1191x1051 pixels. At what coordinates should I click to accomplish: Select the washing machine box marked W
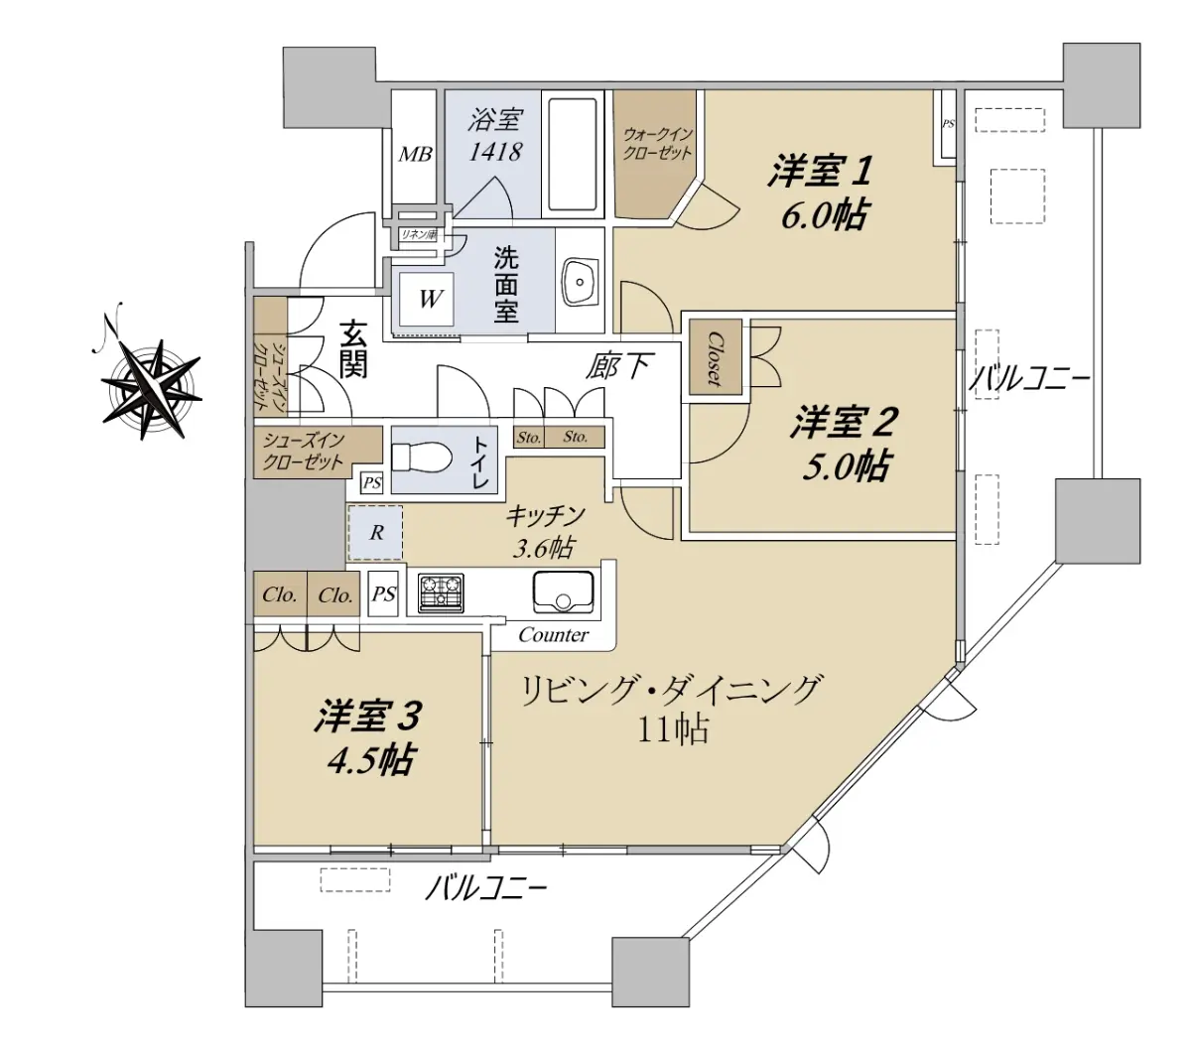point(428,299)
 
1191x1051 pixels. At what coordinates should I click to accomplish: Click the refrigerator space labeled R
point(375,533)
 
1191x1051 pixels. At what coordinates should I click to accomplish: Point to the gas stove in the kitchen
point(441,593)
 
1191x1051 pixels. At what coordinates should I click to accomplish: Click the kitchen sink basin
point(563,591)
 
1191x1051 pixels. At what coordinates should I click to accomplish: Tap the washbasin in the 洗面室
point(580,282)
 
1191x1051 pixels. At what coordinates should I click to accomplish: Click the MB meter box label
point(416,154)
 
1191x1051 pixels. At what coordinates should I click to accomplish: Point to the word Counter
point(553,635)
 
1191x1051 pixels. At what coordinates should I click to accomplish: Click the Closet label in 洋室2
point(715,359)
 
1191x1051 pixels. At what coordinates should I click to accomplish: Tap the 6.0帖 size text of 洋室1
point(823,215)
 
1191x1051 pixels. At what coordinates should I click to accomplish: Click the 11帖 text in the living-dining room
point(673,730)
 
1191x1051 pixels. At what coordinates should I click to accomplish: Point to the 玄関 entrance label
point(353,349)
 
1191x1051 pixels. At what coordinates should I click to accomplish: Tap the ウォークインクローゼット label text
point(657,145)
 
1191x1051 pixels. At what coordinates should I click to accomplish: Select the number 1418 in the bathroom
point(494,152)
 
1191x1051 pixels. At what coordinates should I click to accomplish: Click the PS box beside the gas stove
point(383,593)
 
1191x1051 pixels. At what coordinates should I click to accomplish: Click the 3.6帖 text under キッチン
point(543,548)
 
